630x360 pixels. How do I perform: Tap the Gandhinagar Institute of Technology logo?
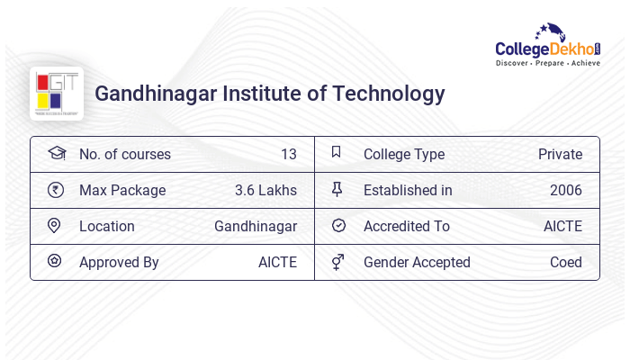[x=56, y=93]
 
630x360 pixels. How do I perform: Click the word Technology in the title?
[x=388, y=93]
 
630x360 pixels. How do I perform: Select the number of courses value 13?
[x=288, y=154]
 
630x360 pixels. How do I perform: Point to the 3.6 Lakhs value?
[x=265, y=190]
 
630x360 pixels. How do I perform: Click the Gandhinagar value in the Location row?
[x=256, y=226]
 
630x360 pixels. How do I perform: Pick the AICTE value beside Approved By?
[x=277, y=262]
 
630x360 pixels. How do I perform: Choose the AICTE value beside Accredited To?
[x=562, y=226]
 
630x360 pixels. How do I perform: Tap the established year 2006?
[x=566, y=190]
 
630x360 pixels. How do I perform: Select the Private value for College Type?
[x=560, y=154]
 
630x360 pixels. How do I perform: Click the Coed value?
[x=566, y=262]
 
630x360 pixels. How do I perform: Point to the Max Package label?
[x=122, y=190]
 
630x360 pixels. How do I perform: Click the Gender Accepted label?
[x=417, y=262]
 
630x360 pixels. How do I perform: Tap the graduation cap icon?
[x=56, y=153]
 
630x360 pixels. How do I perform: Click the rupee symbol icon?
[x=55, y=189]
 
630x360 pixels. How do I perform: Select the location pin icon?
[x=55, y=225]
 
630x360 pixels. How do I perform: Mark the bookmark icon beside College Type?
[x=337, y=152]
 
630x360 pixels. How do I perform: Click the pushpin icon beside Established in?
[x=337, y=189]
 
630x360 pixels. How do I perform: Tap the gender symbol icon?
[x=337, y=261]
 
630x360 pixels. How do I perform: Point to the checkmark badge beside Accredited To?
[x=338, y=225]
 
